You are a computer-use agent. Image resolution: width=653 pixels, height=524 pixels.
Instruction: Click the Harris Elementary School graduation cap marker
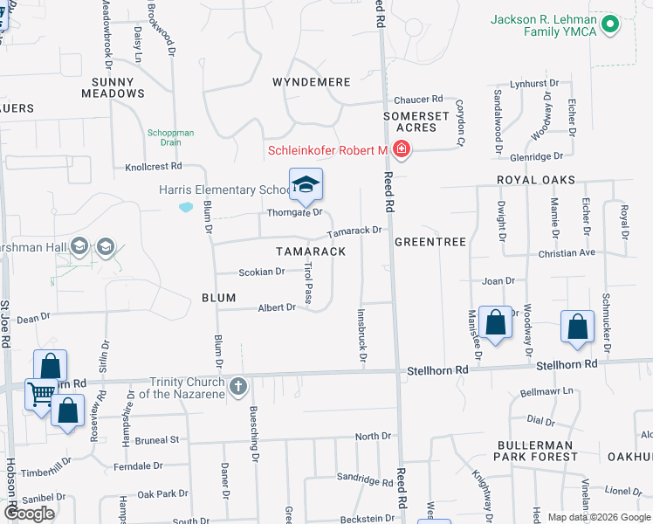pyautogui.click(x=306, y=185)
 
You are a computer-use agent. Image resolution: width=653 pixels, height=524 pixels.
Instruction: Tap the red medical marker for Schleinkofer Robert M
pyautogui.click(x=401, y=150)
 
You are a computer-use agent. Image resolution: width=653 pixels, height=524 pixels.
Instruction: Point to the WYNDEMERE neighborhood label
pyautogui.click(x=312, y=82)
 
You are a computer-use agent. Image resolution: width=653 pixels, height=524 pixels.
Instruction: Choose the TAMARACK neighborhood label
pyautogui.click(x=311, y=251)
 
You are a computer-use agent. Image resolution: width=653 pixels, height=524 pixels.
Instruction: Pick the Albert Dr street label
pyautogui.click(x=277, y=307)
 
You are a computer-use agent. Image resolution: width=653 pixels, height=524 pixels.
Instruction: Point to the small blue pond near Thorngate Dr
pyautogui.click(x=186, y=208)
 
